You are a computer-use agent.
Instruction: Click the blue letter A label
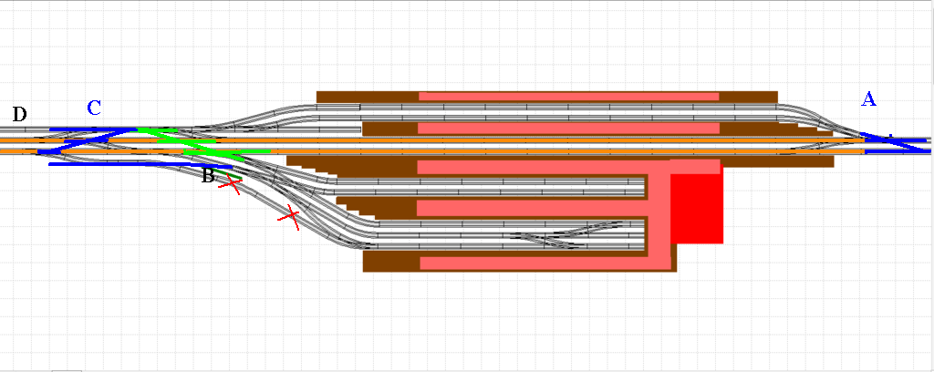coord(868,99)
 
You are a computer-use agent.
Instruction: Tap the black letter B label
coord(208,176)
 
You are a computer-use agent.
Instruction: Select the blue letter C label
coord(94,108)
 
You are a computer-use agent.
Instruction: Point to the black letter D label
coord(19,114)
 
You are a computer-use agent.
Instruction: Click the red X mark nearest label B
coord(232,185)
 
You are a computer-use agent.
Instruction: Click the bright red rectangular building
coord(697,209)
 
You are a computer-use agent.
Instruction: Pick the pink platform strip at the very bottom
coord(538,263)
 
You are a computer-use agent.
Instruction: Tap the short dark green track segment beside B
coord(239,175)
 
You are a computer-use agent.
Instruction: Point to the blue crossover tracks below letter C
coord(87,141)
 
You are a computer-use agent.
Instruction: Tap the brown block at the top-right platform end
coord(748,96)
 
